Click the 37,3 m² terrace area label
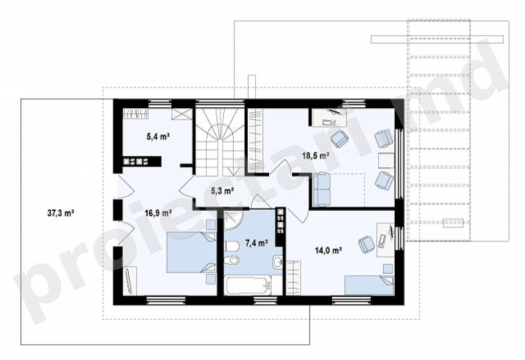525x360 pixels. coord(60,213)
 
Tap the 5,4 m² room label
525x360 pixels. coord(158,136)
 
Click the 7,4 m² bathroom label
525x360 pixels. coord(256,243)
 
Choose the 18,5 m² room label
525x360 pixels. coord(315,155)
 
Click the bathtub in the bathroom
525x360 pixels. coord(248,285)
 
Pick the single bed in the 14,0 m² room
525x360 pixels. coord(369,285)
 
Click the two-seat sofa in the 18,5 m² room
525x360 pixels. coord(321,189)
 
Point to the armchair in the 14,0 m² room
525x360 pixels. coord(366,244)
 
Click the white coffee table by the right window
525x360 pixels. coord(387,161)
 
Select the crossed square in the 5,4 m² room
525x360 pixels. coord(181,114)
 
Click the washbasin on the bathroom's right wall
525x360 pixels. coord(277,263)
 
